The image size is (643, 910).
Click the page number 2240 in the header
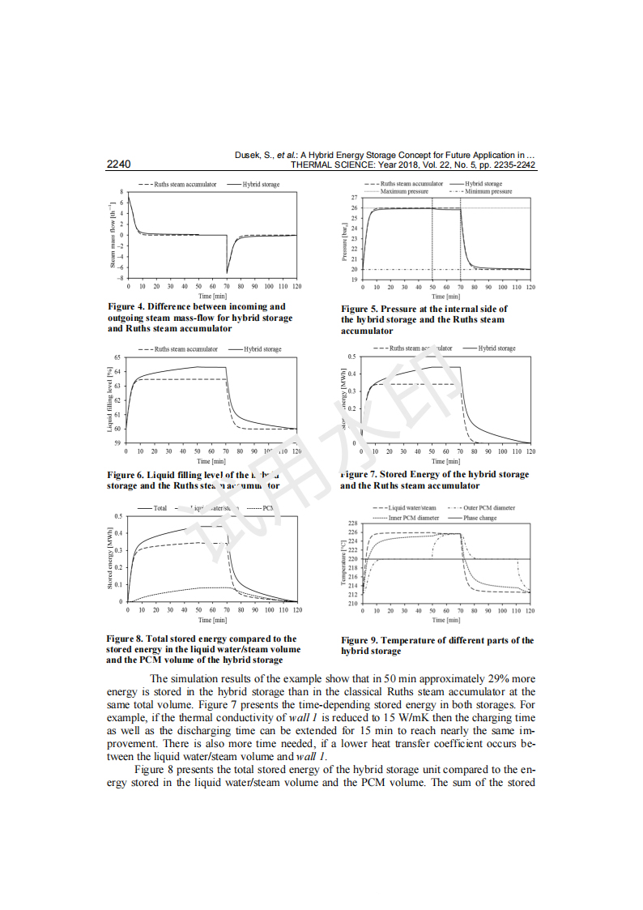[118, 164]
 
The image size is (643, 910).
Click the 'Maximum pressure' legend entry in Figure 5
[404, 192]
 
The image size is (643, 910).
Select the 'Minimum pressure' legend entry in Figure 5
[488, 192]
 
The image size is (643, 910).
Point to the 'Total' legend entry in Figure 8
[160, 508]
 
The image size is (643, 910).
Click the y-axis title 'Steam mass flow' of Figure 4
[113, 236]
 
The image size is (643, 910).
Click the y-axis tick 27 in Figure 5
[354, 199]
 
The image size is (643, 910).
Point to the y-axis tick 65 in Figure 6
[117, 357]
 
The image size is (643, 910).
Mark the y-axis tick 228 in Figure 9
[352, 523]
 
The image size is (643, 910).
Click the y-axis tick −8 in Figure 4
[120, 278]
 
